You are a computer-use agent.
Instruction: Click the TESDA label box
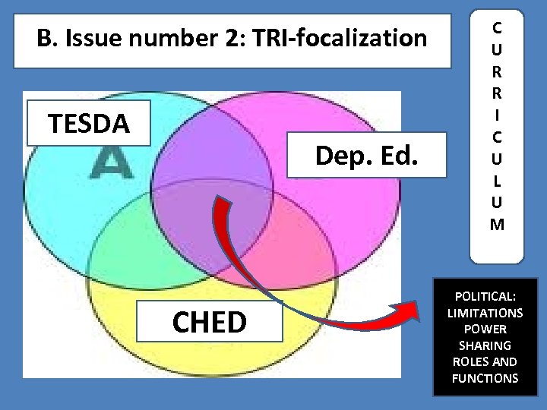89,122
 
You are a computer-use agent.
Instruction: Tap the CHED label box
209,322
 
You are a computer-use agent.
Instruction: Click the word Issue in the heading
92,37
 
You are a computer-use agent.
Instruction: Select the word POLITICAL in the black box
484,297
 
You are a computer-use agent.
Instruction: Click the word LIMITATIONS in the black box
485,313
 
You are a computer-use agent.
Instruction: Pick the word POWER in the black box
484,329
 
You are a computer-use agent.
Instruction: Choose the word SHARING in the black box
484,345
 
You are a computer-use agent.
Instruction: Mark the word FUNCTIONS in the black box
484,377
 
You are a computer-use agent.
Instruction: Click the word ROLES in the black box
466,361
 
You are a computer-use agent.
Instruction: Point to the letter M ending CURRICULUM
496,224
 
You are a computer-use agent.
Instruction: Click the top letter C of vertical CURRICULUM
496,28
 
